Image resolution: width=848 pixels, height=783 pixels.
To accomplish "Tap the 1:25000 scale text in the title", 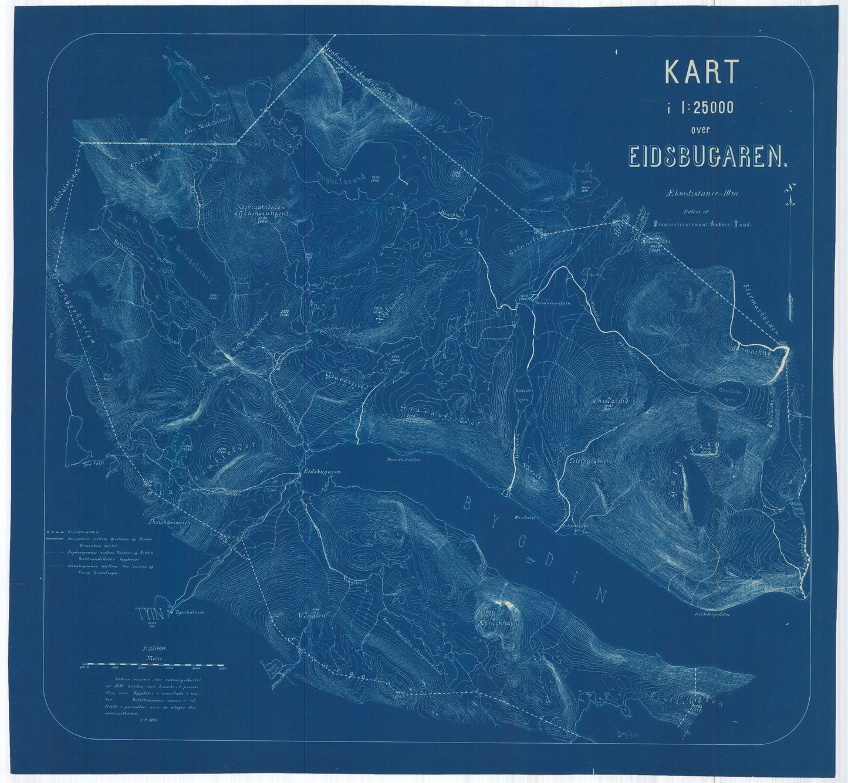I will [x=700, y=107].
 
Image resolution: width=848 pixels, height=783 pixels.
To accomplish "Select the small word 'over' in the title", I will [x=700, y=130].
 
